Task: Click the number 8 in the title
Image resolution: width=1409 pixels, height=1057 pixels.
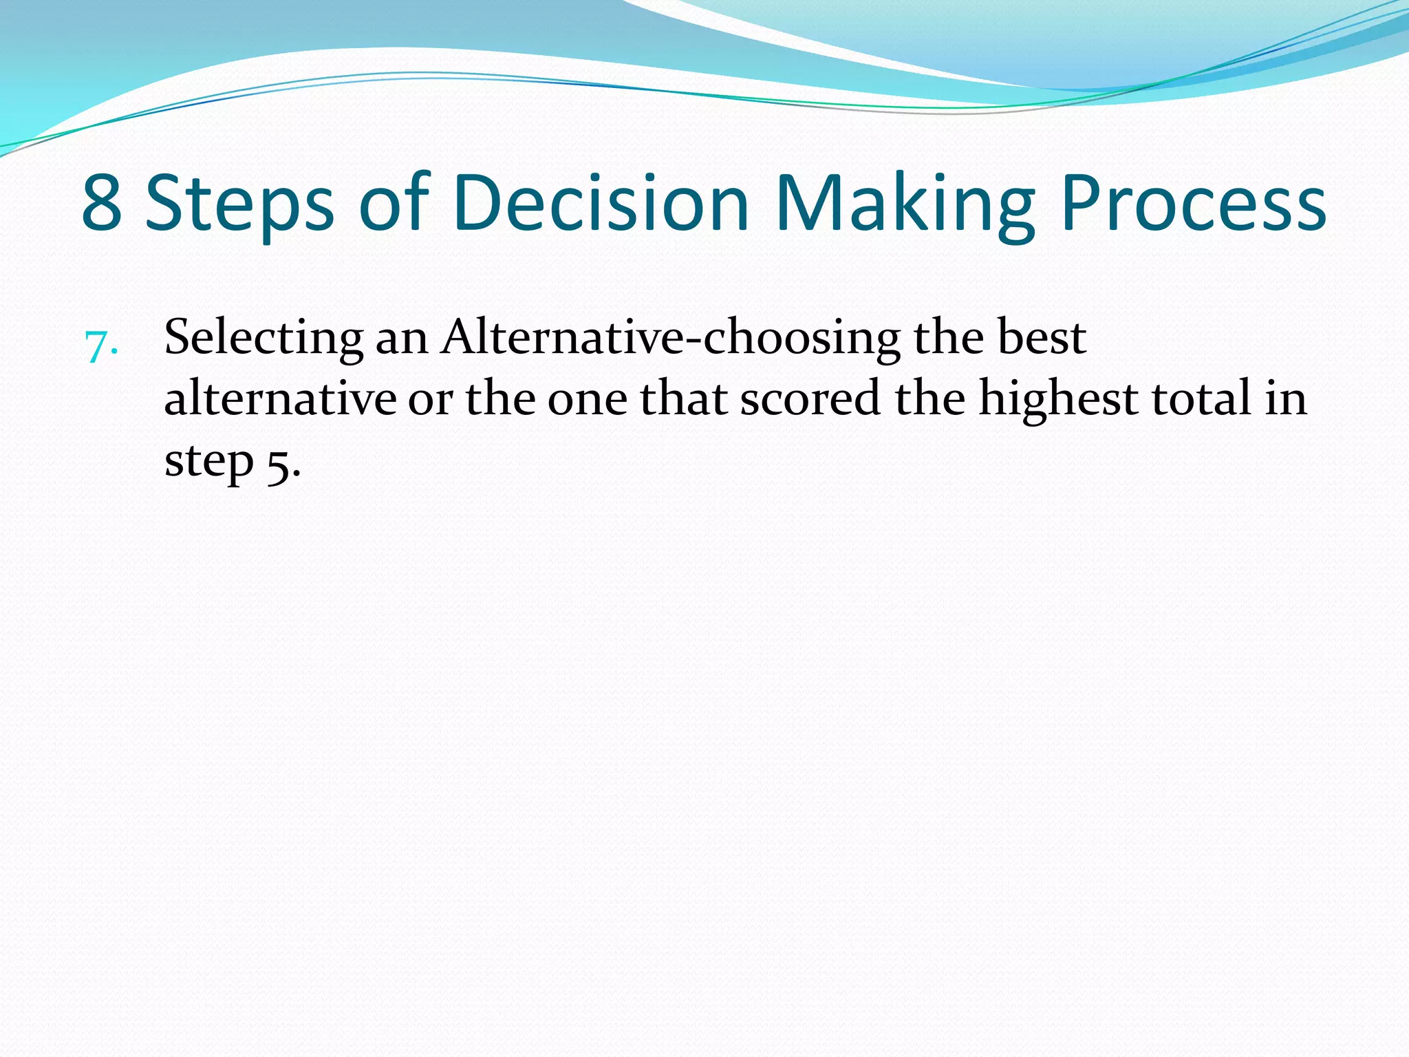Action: tap(103, 204)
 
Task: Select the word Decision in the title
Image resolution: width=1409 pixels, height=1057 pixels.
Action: tap(601, 204)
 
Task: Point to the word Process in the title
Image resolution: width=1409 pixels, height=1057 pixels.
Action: tap(1194, 204)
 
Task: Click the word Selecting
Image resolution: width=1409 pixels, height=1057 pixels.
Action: tap(264, 339)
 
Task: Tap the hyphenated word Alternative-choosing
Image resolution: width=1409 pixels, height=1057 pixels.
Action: tap(671, 338)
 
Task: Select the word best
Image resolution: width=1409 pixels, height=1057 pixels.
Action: tap(1042, 338)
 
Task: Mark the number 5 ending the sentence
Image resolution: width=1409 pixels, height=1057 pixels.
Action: tap(279, 464)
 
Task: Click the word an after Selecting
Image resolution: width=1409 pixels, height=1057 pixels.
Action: tap(402, 339)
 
